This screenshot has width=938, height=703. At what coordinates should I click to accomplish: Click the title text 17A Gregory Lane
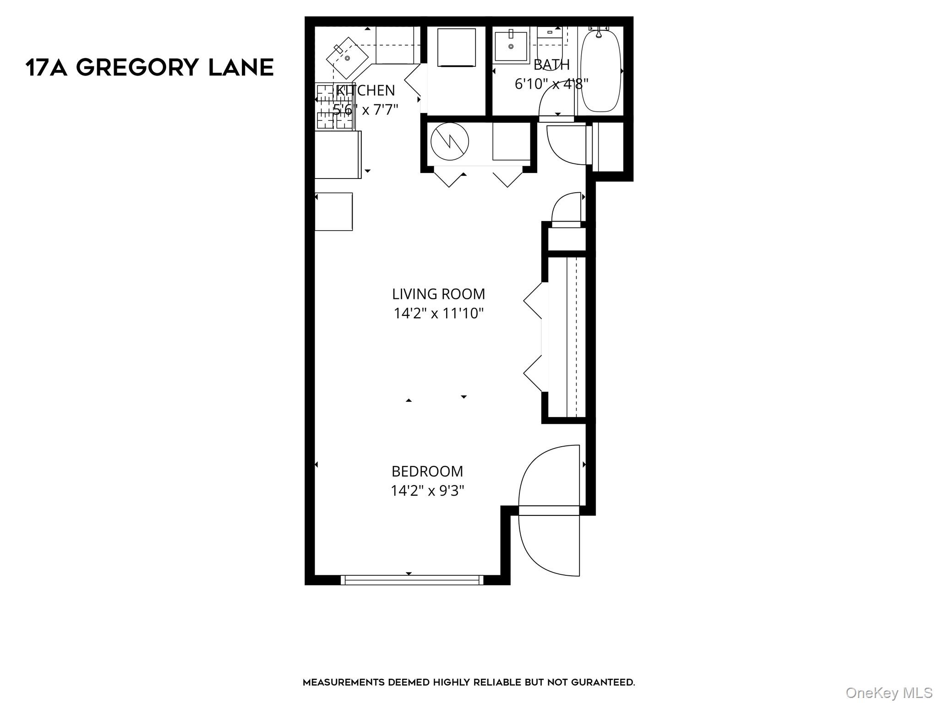tap(149, 68)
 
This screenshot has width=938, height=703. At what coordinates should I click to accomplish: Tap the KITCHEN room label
tap(365, 91)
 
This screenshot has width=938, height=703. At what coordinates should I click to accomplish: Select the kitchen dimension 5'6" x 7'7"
tap(365, 110)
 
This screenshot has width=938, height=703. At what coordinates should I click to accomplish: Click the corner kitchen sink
tap(347, 58)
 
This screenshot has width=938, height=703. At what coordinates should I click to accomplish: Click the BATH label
tap(551, 65)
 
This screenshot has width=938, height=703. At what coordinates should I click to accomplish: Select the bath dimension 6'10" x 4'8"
tap(551, 84)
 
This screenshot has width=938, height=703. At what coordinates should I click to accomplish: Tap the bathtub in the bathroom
tap(600, 71)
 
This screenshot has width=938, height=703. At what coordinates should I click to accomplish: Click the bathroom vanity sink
tap(511, 45)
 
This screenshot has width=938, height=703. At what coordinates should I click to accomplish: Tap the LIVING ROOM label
tap(438, 294)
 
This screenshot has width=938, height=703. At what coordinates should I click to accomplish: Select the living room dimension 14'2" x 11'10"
tap(438, 314)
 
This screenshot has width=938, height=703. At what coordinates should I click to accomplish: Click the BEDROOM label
tap(427, 471)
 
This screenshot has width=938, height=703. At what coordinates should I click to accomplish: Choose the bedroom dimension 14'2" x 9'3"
tap(427, 491)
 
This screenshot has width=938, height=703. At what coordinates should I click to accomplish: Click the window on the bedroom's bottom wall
tap(412, 580)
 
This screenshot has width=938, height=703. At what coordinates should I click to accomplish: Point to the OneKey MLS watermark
tap(889, 693)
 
